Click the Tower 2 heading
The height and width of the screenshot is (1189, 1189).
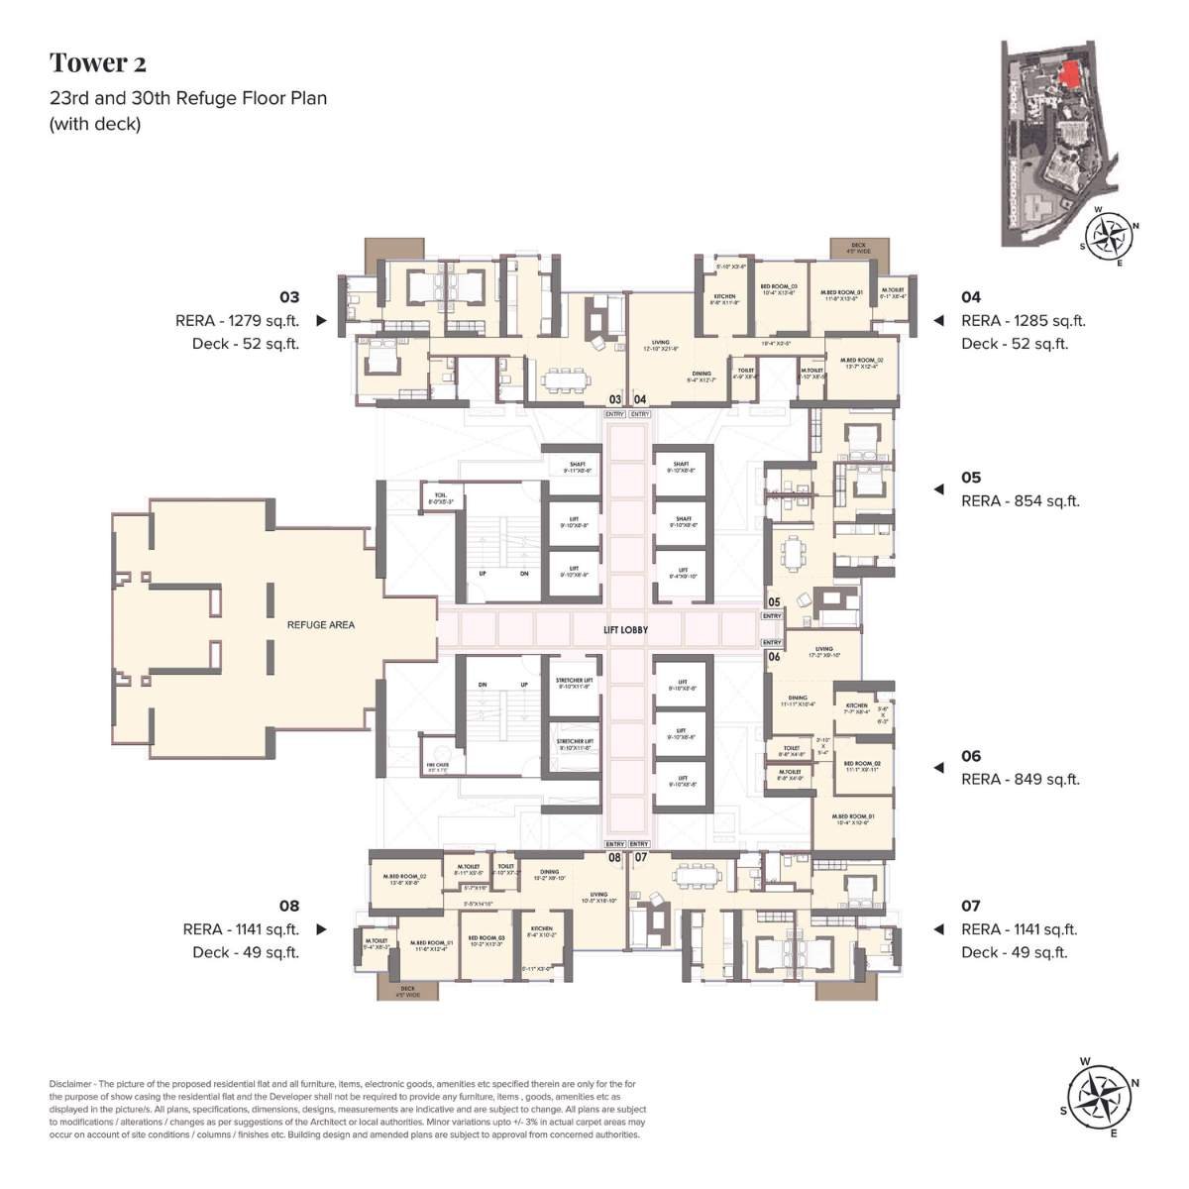pyautogui.click(x=98, y=63)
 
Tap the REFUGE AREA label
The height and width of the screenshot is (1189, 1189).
pyautogui.click(x=320, y=625)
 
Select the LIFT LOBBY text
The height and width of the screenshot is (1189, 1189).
pyautogui.click(x=625, y=629)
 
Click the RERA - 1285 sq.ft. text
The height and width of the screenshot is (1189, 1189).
pyautogui.click(x=1023, y=321)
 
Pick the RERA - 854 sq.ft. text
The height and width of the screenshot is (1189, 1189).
pyautogui.click(x=1020, y=501)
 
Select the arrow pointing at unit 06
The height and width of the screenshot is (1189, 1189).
pyautogui.click(x=937, y=768)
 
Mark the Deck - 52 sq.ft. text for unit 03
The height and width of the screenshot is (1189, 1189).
pyautogui.click(x=245, y=344)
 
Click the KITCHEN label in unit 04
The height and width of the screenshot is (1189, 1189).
pyautogui.click(x=725, y=296)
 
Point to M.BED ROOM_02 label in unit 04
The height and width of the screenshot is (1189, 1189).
pyautogui.click(x=855, y=361)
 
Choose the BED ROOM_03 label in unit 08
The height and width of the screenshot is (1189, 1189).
pyautogui.click(x=486, y=937)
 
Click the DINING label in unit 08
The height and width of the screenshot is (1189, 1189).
pyautogui.click(x=550, y=873)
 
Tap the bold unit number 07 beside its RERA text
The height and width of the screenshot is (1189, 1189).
pyautogui.click(x=970, y=906)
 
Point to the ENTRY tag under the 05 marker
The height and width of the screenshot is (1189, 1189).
pyautogui.click(x=772, y=616)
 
